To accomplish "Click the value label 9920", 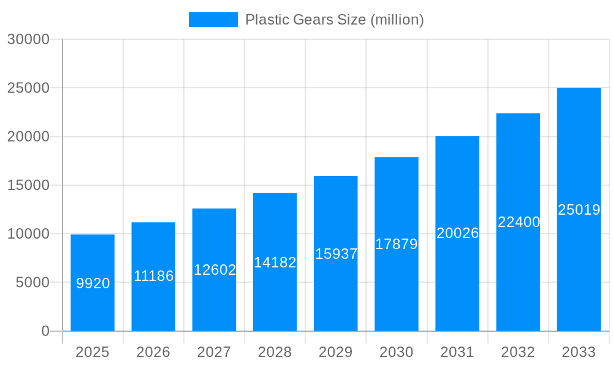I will tap(93, 283).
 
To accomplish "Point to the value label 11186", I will tap(154, 276).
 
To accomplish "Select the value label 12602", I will tap(215, 270).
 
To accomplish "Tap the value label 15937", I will tap(336, 254).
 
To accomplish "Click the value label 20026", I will tap(457, 233).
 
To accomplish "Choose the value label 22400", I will tap(519, 222).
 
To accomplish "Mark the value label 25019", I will tap(579, 210).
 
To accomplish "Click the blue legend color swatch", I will tap(213, 20).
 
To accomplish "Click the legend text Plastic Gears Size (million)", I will tap(334, 20).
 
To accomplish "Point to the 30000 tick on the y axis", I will tap(28, 39).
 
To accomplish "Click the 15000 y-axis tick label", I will tap(28, 185).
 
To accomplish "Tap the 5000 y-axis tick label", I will tap(31, 283).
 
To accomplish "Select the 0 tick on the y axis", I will tap(45, 331).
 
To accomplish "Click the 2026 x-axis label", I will tap(153, 352).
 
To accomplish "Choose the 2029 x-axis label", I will tap(336, 352).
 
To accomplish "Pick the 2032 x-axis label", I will tap(518, 352).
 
